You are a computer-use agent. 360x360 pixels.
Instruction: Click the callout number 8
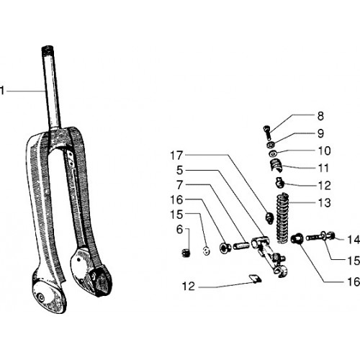coord(320,116)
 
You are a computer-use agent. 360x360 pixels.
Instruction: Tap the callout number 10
coord(324,150)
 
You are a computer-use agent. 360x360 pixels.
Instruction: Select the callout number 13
coord(324,202)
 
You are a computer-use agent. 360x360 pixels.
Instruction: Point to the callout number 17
coord(176,156)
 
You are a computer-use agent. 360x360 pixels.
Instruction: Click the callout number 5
coord(179,171)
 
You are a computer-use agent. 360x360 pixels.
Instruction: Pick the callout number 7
coord(179,185)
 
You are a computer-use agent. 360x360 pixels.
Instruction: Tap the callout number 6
coord(179,230)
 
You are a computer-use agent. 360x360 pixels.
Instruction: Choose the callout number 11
coord(323,168)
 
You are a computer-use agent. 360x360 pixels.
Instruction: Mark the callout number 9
coord(320,133)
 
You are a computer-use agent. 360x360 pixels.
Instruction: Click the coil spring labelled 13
coord(282,218)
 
